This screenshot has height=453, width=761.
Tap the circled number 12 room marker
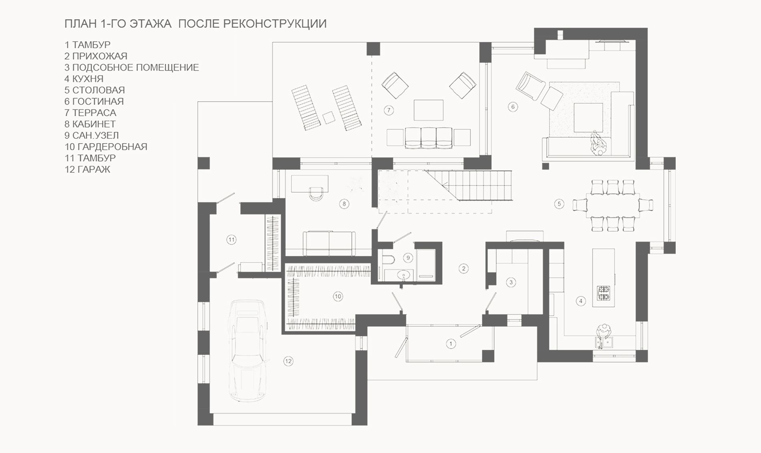click(288, 361)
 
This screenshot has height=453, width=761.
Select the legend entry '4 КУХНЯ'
click(84, 79)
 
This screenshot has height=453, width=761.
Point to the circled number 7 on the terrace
click(389, 110)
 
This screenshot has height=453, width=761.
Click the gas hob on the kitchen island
click(604, 293)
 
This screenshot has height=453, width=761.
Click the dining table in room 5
click(612, 205)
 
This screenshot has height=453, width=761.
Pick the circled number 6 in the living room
click(513, 107)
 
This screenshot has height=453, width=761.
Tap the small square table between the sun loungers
click(329, 117)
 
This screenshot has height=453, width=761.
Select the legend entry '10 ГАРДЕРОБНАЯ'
click(106, 147)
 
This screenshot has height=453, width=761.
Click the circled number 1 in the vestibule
click(451, 344)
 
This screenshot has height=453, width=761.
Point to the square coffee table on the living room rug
click(588, 117)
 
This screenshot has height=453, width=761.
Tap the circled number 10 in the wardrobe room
click(338, 297)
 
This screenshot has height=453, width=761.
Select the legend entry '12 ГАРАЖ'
click(87, 169)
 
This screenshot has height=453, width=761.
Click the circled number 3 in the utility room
click(511, 282)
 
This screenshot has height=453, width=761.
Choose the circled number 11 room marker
click(232, 240)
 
